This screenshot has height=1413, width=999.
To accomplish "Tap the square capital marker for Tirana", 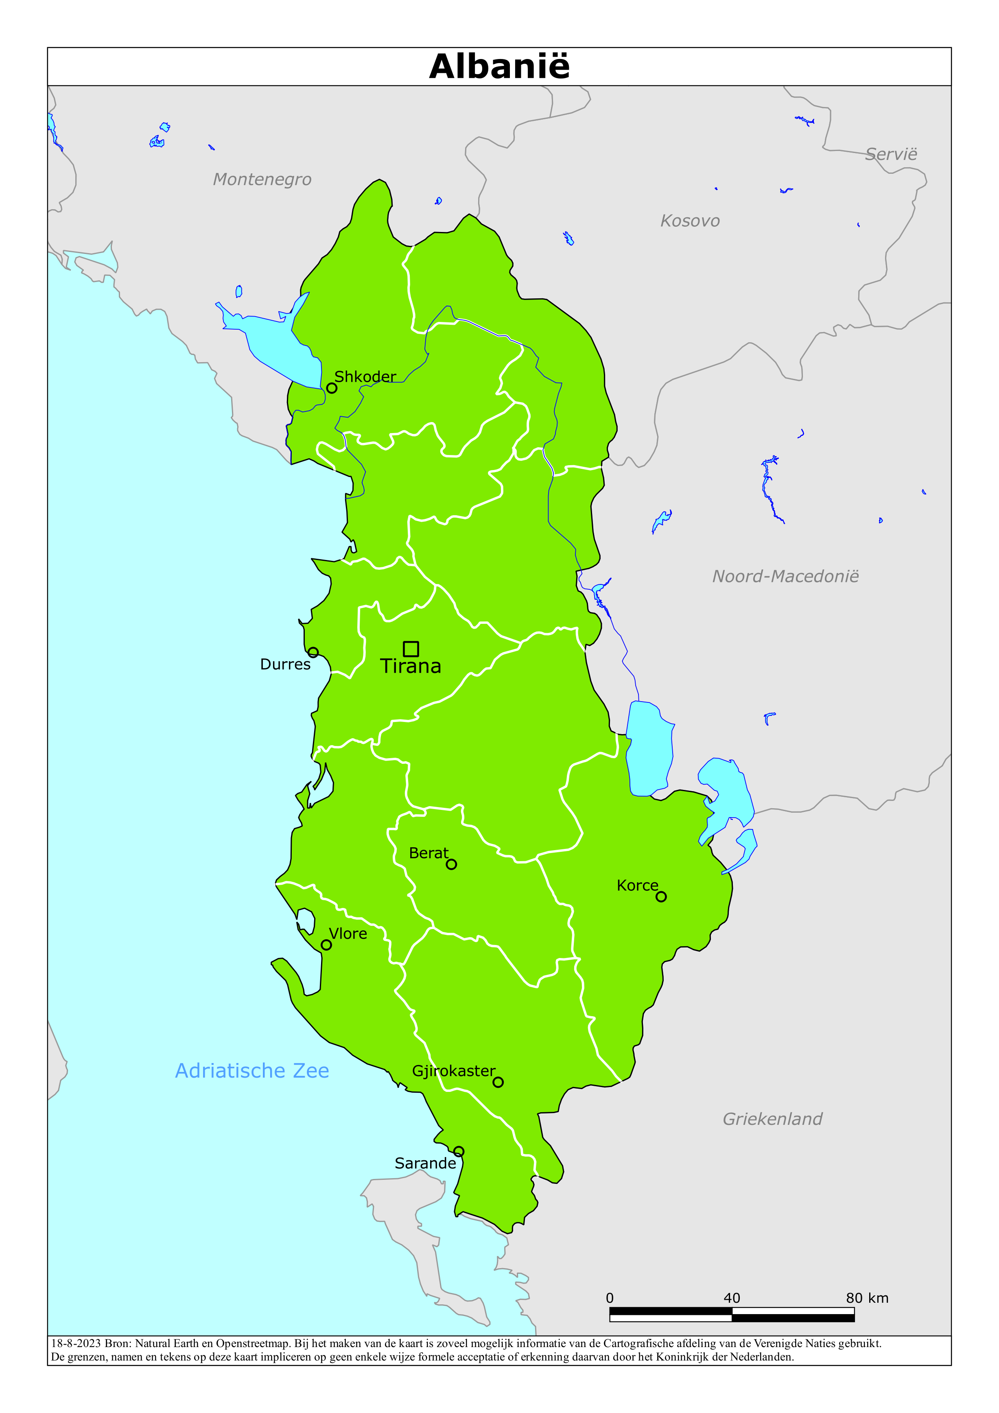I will click(x=411, y=649).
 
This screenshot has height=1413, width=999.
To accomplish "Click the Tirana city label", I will click(x=411, y=667).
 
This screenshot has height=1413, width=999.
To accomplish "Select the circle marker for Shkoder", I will click(x=332, y=388).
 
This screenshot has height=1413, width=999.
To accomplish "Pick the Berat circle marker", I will click(x=451, y=864).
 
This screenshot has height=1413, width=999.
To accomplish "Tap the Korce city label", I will click(x=637, y=886).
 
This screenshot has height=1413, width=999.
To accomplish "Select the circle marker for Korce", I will click(x=661, y=897).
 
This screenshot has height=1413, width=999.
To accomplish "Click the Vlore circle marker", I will click(x=326, y=945).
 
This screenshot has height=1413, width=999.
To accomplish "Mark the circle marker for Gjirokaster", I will click(x=498, y=1082).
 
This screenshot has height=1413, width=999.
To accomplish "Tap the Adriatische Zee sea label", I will click(x=252, y=1071).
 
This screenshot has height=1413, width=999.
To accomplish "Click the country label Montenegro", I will click(x=262, y=180).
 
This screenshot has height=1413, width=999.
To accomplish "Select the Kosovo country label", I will click(x=690, y=221).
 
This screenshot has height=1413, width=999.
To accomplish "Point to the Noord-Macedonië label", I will click(x=785, y=577).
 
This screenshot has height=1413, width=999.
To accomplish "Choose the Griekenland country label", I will click(x=772, y=1119).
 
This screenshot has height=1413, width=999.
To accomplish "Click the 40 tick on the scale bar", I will click(x=732, y=1298).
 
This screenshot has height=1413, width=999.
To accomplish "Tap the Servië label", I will click(x=891, y=155).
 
